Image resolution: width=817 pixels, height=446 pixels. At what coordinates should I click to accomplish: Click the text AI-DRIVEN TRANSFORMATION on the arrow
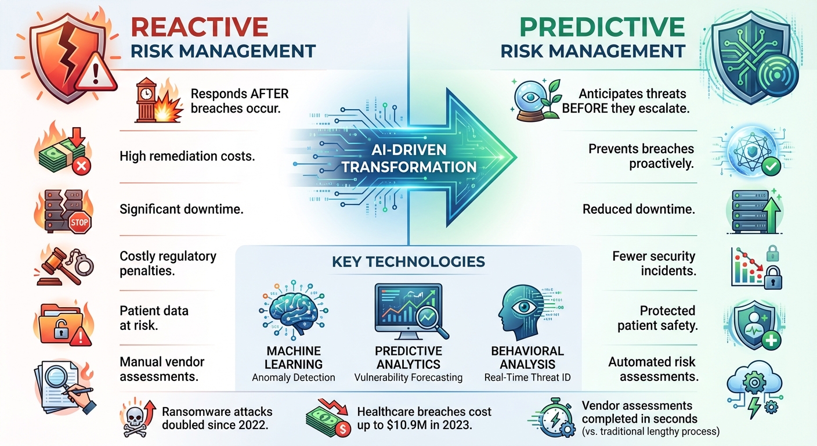(x=409, y=159)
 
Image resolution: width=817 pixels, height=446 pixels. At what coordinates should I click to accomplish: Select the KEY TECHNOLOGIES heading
(x=408, y=261)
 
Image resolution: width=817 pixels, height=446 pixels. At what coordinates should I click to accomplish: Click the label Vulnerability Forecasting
(x=408, y=377)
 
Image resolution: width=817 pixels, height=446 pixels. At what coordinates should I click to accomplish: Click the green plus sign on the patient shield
(x=771, y=340)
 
